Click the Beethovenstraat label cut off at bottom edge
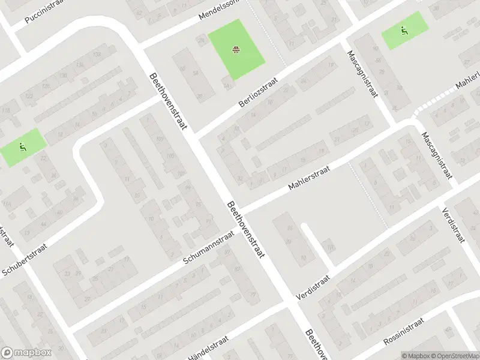click(316, 345)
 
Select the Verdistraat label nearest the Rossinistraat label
click(313, 289)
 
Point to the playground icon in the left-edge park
click(22, 146)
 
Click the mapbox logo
click(26, 352)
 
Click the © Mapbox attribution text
click(415, 355)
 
